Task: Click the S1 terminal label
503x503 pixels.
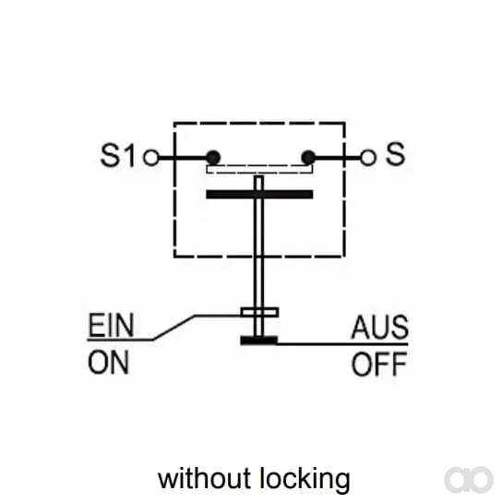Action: (118, 155)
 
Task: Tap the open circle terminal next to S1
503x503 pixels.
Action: (151, 158)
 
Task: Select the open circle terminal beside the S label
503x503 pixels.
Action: (368, 158)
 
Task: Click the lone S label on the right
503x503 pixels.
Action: (395, 154)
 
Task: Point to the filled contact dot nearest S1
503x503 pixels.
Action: (213, 158)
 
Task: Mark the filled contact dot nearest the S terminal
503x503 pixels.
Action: (308, 158)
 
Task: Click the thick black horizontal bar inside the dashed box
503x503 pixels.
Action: (259, 195)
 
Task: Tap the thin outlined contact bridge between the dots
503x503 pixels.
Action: (259, 169)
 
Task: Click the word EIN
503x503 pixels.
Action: (111, 325)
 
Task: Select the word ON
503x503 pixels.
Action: (108, 363)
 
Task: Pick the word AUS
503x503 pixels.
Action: (380, 328)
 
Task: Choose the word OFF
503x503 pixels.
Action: (379, 364)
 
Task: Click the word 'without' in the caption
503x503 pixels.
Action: (204, 478)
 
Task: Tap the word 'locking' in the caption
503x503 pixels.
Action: (305, 480)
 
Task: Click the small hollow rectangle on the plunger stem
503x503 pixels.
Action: (259, 312)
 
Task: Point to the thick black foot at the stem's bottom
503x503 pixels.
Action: (258, 341)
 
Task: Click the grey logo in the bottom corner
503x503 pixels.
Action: (469, 480)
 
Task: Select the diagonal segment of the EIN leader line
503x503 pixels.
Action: (174, 328)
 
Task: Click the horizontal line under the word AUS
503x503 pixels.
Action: (342, 344)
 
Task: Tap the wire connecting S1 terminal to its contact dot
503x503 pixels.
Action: (182, 158)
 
